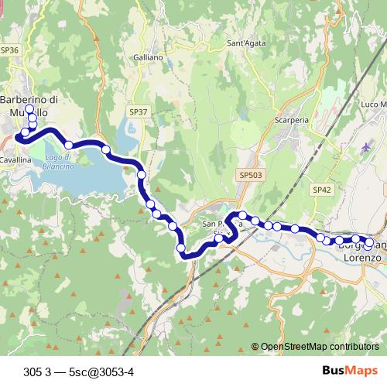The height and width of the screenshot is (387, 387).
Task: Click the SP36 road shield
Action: tap(9, 50)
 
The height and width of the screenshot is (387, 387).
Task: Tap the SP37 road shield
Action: tap(138, 111)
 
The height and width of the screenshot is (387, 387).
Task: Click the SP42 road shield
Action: tap(322, 189)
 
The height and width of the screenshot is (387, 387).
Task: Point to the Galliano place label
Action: tap(148, 57)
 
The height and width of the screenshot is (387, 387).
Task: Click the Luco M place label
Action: tap(373, 104)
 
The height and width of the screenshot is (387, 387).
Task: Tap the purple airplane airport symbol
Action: tap(366, 147)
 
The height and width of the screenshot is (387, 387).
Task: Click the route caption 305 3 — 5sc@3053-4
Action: tap(79, 370)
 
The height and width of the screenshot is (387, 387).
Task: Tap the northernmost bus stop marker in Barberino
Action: tap(29, 110)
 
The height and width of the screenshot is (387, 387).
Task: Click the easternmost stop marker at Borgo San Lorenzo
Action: tap(369, 242)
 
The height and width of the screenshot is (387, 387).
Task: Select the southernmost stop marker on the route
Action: tap(181, 248)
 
